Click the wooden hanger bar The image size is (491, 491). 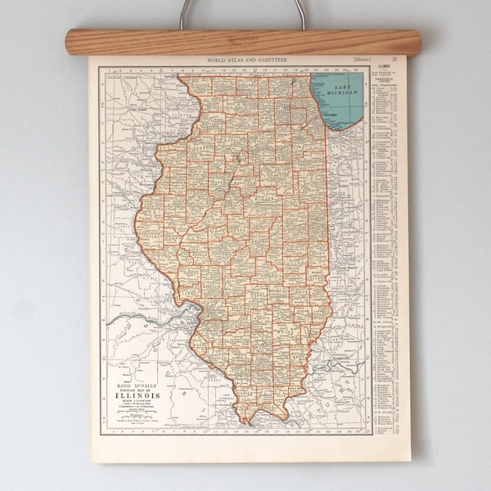point(242,43)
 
